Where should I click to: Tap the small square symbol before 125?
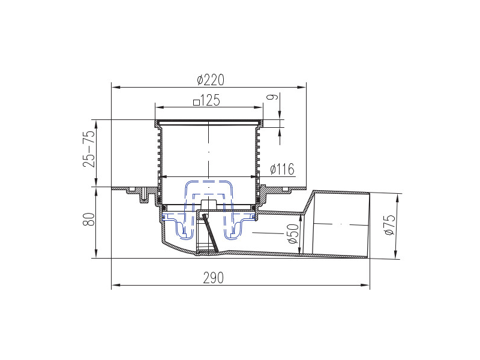coord(196,102)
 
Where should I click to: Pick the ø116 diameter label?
coord(282,169)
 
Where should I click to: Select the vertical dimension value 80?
coord(89,220)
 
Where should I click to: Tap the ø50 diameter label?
coord(292,233)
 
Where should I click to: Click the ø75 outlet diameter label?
coord(391,225)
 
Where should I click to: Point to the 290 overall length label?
coord(213,277)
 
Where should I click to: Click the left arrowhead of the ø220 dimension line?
coord(115,88)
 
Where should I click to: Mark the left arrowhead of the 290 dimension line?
coord(115,285)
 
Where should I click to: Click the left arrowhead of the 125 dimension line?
coord(158,107)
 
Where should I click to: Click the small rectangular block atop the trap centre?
coord(208,205)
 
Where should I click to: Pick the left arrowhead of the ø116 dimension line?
coord(161,177)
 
